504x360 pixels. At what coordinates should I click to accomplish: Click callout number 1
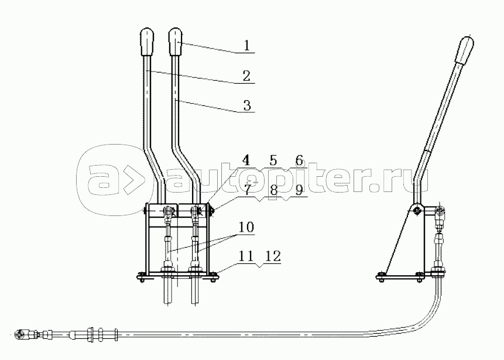point(246,45)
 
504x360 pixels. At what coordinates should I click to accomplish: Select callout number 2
point(246,76)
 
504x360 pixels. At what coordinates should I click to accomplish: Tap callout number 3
point(247,105)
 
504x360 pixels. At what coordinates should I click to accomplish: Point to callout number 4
point(246,160)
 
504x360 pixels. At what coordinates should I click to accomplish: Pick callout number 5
point(273,160)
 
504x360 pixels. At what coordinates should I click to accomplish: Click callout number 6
point(299,160)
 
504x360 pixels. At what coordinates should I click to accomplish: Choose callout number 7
point(247,190)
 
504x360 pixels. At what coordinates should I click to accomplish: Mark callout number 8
point(273,190)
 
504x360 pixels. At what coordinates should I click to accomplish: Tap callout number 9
point(299,190)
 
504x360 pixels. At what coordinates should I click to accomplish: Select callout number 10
point(246,227)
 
